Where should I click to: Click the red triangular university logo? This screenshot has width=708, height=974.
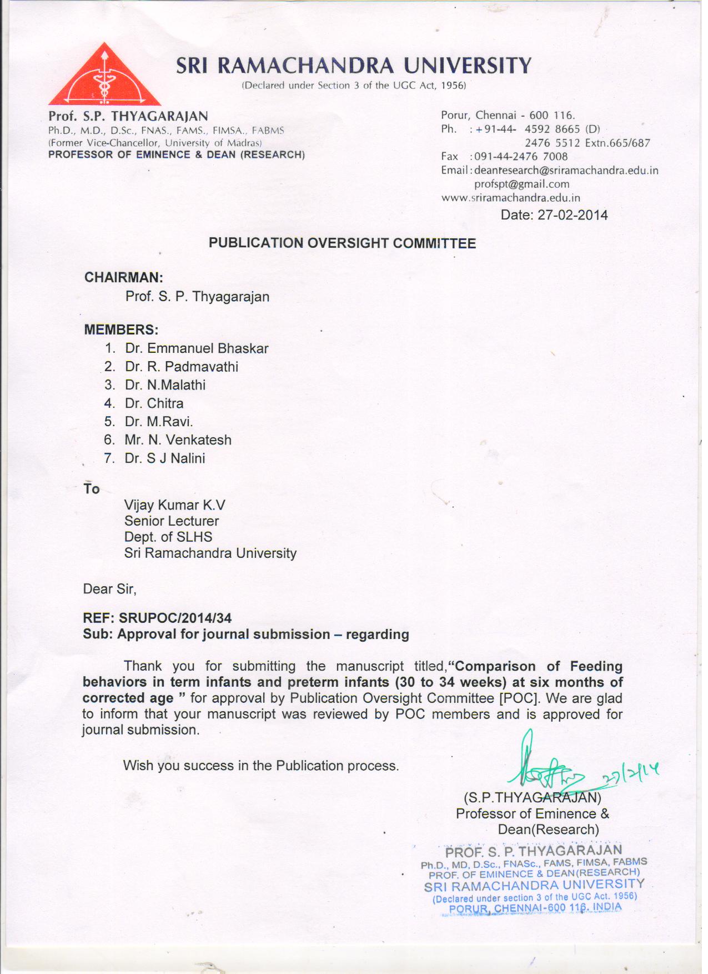[104, 78]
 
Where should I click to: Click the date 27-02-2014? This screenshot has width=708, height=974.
[572, 215]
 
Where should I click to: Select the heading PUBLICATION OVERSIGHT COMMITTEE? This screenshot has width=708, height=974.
[342, 243]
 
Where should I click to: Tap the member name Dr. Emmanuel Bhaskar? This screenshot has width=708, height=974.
[197, 348]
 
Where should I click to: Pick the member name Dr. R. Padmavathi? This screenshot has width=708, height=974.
[182, 367]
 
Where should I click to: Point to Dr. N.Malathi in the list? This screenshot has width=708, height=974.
[165, 385]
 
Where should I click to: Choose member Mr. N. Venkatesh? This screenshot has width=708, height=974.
[178, 440]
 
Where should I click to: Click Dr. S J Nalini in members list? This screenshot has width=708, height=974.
[165, 458]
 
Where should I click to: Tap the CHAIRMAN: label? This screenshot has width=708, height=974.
[123, 277]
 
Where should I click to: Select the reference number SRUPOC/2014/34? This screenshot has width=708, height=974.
[175, 618]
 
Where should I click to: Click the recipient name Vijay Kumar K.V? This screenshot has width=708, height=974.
[174, 505]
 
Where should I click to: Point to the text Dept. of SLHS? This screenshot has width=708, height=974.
[168, 537]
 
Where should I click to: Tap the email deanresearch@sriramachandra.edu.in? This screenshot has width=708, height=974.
[566, 171]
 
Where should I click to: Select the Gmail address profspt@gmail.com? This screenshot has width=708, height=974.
[521, 184]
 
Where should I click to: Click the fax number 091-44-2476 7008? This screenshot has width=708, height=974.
[520, 157]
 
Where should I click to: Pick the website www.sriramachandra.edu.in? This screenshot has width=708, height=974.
[510, 198]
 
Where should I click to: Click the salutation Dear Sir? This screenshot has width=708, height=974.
[109, 589]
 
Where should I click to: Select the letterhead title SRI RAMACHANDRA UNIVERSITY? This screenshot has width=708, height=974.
[354, 66]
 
